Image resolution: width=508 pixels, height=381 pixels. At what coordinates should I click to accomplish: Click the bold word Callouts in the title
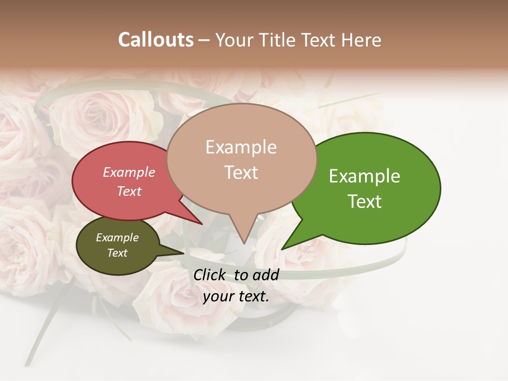156,40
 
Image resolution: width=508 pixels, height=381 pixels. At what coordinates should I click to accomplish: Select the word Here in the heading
362,40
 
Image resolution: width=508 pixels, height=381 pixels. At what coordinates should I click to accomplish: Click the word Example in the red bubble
129,172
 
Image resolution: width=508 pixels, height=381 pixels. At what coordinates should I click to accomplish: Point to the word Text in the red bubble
129,191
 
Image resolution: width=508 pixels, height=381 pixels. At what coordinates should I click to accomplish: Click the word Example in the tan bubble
241,147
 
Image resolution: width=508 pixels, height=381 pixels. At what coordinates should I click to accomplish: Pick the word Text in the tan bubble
241,172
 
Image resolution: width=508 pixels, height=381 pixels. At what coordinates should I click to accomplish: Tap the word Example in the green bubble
365,176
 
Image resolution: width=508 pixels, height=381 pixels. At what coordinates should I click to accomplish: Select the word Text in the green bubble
365,201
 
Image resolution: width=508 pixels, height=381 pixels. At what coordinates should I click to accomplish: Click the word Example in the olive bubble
117,238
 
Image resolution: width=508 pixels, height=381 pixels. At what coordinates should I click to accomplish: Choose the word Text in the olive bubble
117,253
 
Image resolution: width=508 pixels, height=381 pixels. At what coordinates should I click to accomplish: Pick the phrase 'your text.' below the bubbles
236,296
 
